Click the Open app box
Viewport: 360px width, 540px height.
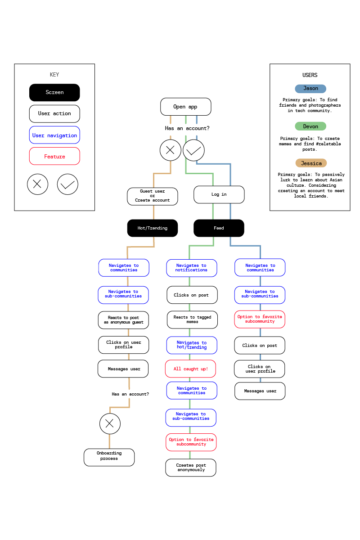pyautogui.click(x=185, y=107)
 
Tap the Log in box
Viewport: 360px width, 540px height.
pyautogui.click(x=219, y=194)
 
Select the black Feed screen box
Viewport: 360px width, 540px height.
pyautogui.click(x=219, y=228)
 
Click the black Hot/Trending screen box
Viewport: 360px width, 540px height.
pyautogui.click(x=152, y=228)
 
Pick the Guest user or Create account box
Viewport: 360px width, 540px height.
pyautogui.click(x=152, y=196)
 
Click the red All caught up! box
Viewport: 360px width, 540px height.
pyautogui.click(x=190, y=369)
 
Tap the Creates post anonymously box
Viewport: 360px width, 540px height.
pyautogui.click(x=190, y=468)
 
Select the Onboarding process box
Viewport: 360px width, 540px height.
pyautogui.click(x=109, y=457)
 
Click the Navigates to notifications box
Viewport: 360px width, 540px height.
pyautogui.click(x=191, y=268)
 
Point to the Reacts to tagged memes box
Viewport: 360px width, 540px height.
pyautogui.click(x=192, y=319)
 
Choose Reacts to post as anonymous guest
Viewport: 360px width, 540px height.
pyautogui.click(x=123, y=320)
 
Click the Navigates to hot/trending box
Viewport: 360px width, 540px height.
pyautogui.click(x=191, y=345)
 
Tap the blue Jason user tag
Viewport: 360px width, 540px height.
pyautogui.click(x=310, y=89)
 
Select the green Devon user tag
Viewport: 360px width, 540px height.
pyautogui.click(x=310, y=126)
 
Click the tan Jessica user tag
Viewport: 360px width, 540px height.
pyautogui.click(x=311, y=163)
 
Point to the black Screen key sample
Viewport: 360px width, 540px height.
pyautogui.click(x=54, y=92)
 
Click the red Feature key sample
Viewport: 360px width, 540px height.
pyautogui.click(x=54, y=156)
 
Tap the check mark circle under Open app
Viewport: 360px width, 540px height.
pyautogui.click(x=193, y=150)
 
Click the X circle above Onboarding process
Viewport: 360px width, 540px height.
pyautogui.click(x=110, y=423)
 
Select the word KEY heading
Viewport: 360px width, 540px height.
pyautogui.click(x=54, y=75)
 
